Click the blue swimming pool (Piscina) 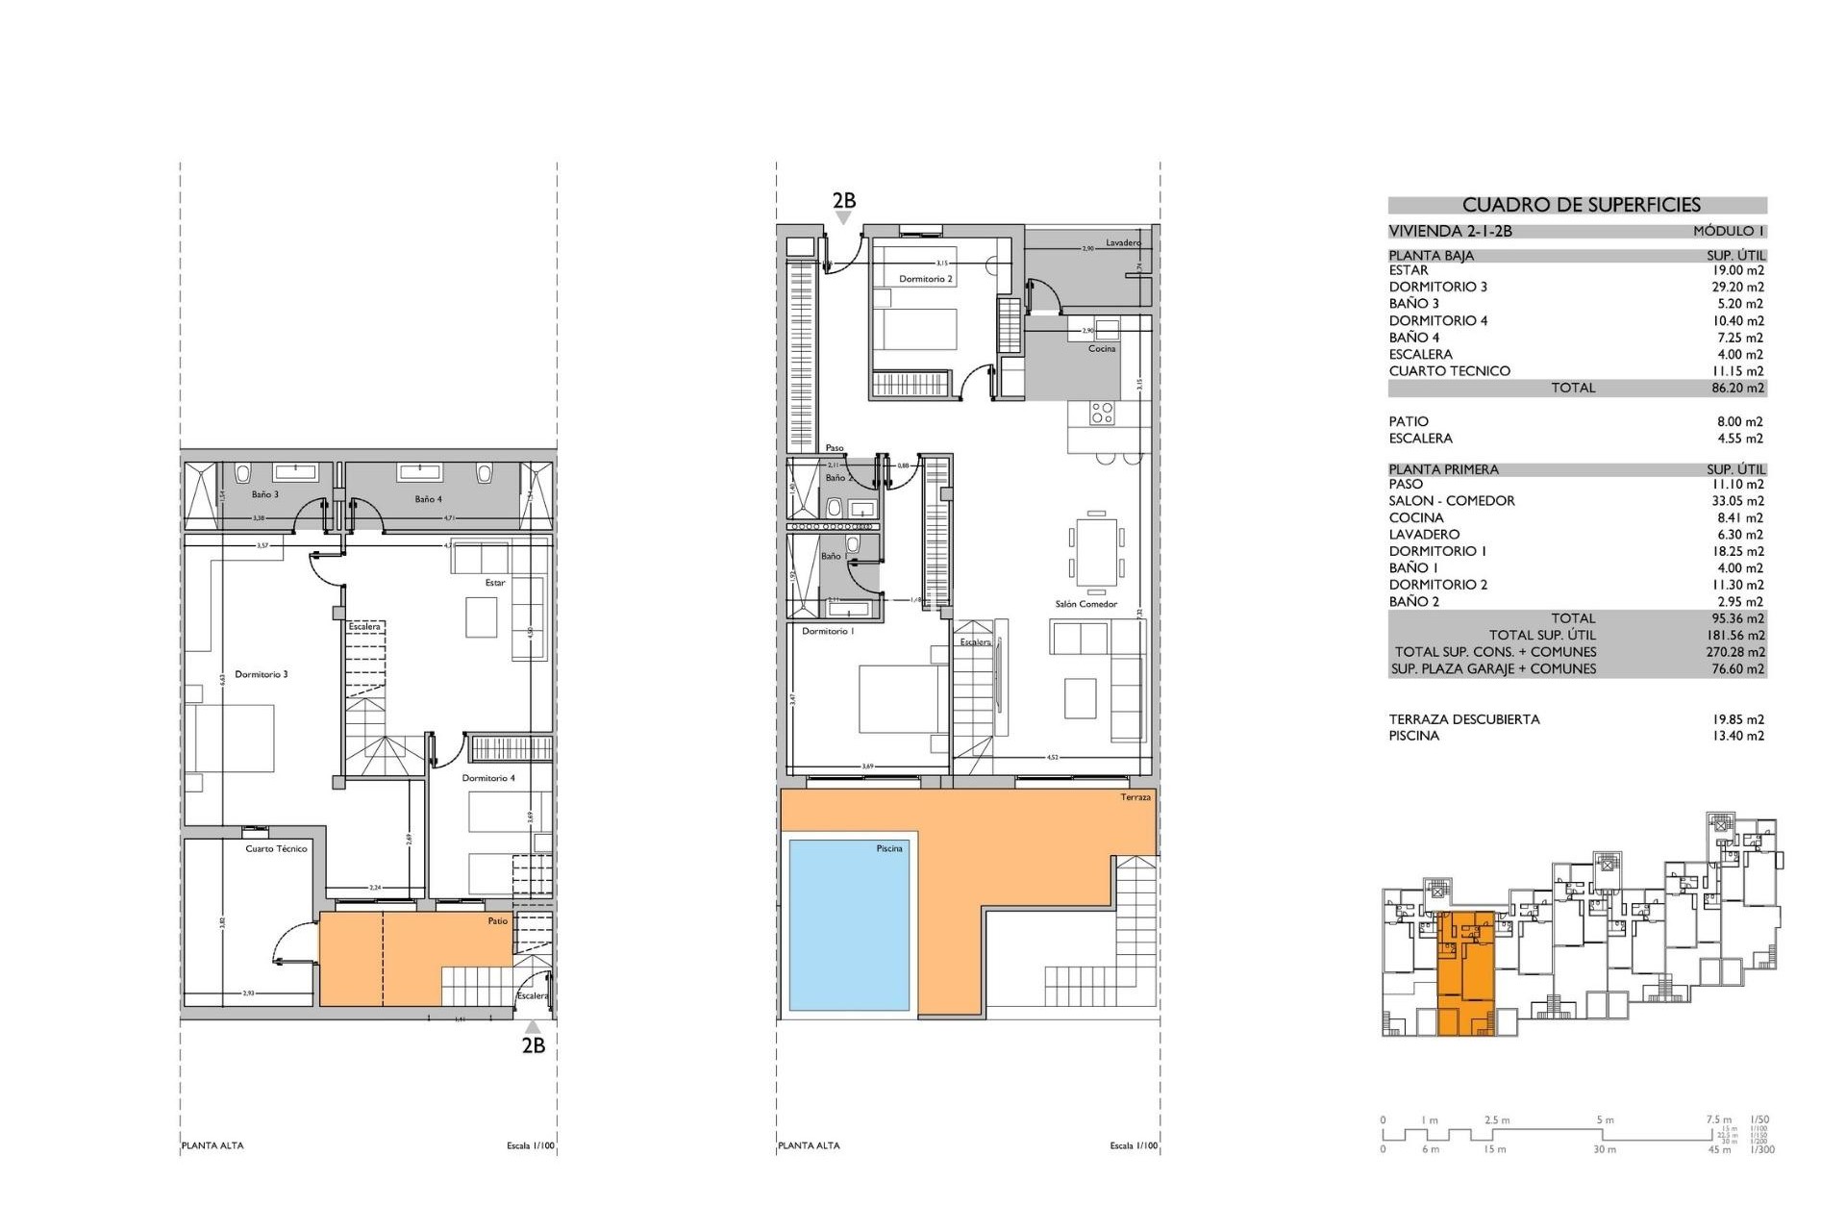(848, 925)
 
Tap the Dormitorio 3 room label (261, 675)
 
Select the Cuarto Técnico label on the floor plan (276, 849)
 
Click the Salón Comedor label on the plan (1085, 605)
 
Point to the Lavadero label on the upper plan (1122, 243)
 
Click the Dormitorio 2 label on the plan (925, 280)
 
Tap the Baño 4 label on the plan (428, 500)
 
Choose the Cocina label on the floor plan (1102, 349)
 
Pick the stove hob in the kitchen (1102, 414)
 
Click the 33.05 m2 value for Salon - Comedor (1737, 501)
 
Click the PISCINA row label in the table (1413, 737)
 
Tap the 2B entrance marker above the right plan (843, 202)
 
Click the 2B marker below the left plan (533, 1045)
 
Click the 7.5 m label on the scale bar (1718, 1120)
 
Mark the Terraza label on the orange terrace (1135, 798)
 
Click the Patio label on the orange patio (497, 921)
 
